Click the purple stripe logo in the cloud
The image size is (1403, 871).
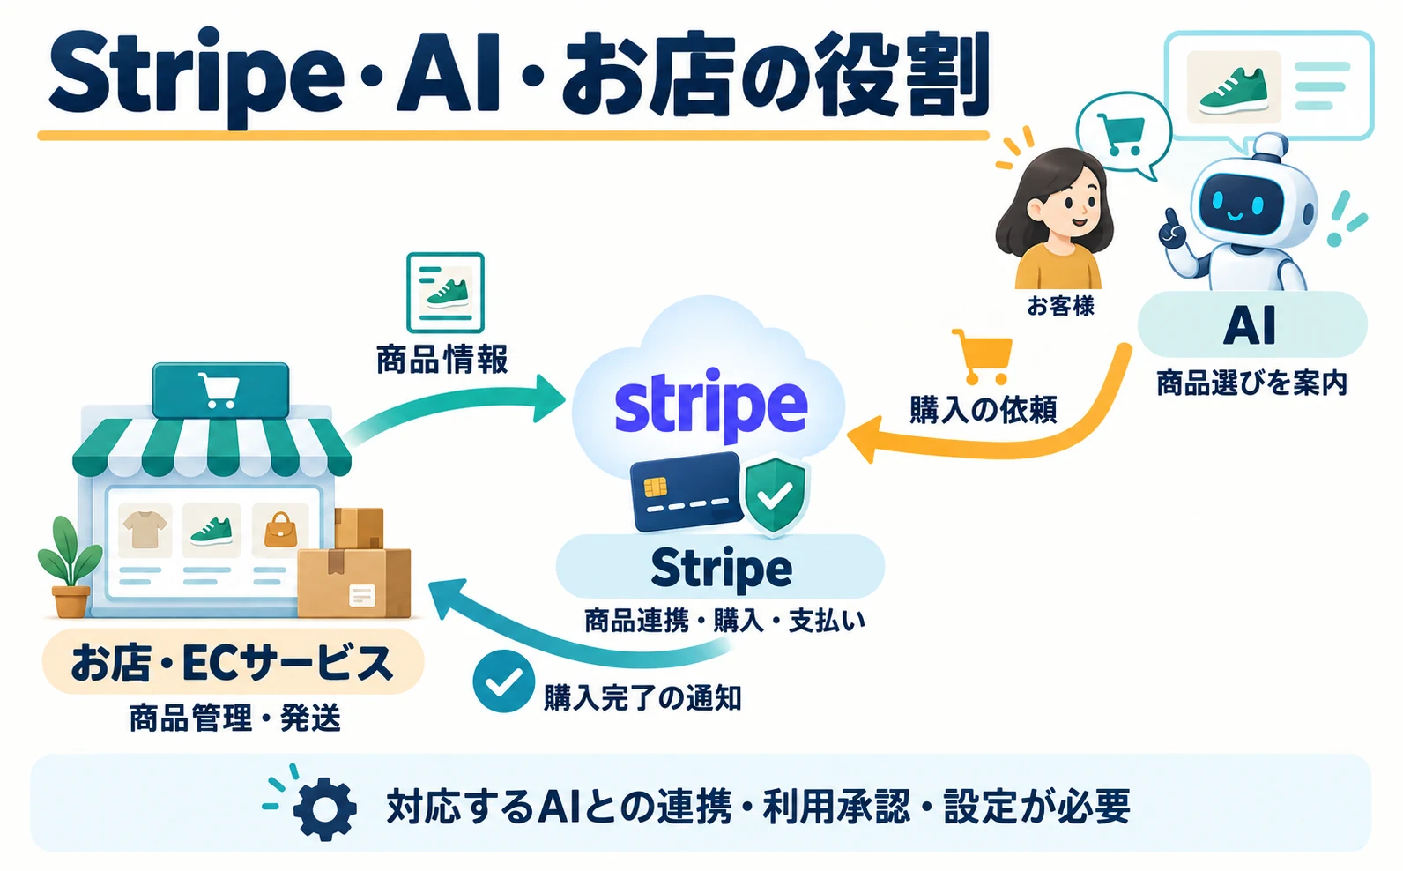711,404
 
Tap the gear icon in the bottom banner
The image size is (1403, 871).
324,808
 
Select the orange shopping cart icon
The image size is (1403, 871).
983,356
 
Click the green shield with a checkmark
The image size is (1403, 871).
775,496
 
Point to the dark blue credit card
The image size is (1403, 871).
687,492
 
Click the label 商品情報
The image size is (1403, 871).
442,359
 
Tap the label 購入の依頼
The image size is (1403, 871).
984,410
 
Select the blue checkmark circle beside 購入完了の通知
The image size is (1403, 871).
503,681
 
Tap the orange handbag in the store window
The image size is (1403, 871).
280,530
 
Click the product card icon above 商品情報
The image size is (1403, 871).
445,293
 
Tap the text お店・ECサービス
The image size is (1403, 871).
233,663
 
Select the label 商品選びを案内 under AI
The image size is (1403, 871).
1251,383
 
